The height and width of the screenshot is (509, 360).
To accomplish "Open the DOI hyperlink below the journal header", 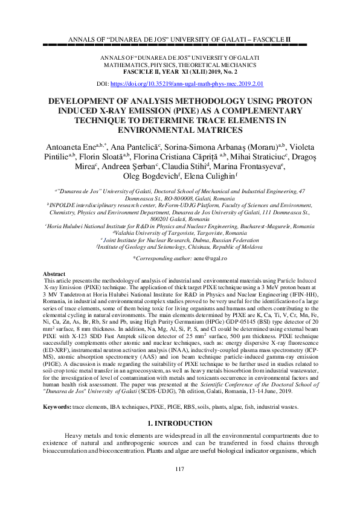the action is (196, 85).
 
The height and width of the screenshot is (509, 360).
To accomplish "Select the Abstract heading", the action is (55, 274).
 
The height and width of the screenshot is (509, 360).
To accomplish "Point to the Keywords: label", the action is (60, 408).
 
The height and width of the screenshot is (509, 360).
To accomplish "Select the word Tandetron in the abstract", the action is (82, 300).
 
